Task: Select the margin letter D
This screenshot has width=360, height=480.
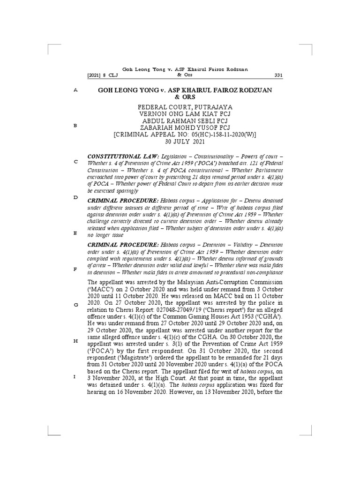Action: tap(75, 198)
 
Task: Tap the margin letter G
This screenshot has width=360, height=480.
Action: tap(75, 305)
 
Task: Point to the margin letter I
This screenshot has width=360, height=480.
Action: tap(75, 377)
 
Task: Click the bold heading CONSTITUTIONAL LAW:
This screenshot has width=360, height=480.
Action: tap(118, 155)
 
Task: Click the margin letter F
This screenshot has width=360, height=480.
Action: tap(75, 269)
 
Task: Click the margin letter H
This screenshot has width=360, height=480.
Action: tap(75, 341)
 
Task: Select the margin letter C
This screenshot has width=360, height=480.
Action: tap(75, 162)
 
